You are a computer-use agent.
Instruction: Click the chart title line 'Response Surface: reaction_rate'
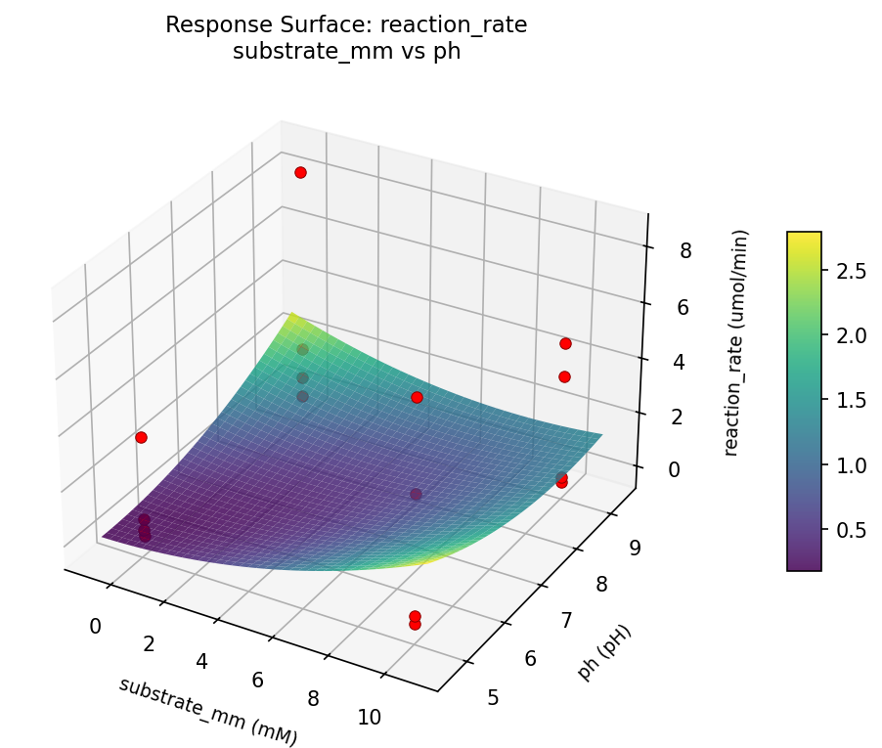346,25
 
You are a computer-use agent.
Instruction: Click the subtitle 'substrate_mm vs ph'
346,52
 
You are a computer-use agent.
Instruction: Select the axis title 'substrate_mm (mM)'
207,711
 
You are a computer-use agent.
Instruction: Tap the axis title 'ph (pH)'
604,652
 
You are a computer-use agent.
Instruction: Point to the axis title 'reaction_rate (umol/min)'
742,343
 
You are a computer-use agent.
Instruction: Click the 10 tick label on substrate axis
370,717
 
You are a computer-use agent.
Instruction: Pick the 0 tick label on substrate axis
96,626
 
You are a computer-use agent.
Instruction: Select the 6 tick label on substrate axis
259,680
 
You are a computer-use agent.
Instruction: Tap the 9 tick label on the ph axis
635,548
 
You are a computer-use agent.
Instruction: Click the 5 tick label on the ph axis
493,696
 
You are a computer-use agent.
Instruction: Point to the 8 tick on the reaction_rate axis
685,250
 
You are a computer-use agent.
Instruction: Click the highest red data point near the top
300,172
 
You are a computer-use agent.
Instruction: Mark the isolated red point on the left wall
141,437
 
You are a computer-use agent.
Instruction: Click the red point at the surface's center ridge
417,397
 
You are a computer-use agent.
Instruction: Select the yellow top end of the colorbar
804,237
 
